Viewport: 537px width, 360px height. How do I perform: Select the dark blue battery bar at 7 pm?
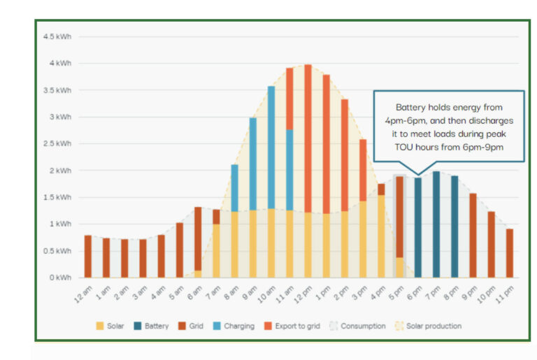436,224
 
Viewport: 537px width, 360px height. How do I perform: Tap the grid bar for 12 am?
88,256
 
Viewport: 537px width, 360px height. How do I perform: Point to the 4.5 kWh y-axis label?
58,36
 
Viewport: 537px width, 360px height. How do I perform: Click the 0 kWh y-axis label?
60,278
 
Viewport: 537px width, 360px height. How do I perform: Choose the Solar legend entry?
111,326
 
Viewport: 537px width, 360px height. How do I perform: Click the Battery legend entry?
152,326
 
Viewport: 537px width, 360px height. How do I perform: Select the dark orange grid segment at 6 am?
198,238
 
